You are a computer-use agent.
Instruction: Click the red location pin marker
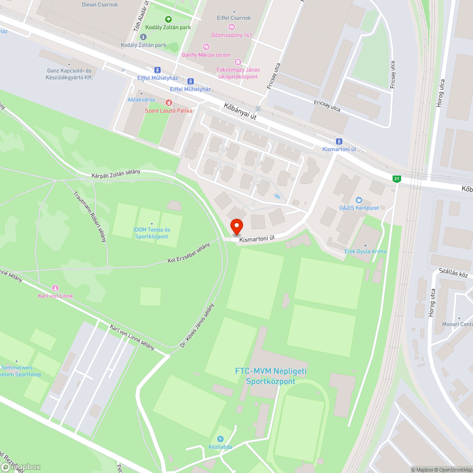coord(236,227)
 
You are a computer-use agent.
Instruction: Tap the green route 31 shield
coord(396,178)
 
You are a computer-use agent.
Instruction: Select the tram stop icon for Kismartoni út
coord(339,141)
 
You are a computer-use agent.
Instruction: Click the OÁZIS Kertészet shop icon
coord(359,200)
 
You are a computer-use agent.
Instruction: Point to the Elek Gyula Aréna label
coord(365,251)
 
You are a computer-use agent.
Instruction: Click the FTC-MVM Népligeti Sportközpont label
coord(271,376)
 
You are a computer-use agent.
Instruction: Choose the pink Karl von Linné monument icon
coord(55,288)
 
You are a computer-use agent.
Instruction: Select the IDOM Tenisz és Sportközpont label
coord(151,233)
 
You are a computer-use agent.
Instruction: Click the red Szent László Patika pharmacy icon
coord(168,103)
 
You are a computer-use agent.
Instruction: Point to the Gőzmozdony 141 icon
coord(231,27)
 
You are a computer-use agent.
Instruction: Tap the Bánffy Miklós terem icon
coord(206,46)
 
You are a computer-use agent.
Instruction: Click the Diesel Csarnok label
coord(100,5)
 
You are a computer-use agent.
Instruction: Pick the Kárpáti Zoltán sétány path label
coord(116,174)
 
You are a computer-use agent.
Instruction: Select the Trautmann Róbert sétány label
coord(89,217)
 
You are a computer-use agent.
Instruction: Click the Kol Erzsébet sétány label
coord(188,254)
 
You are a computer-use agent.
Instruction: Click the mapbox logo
coord(21,466)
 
